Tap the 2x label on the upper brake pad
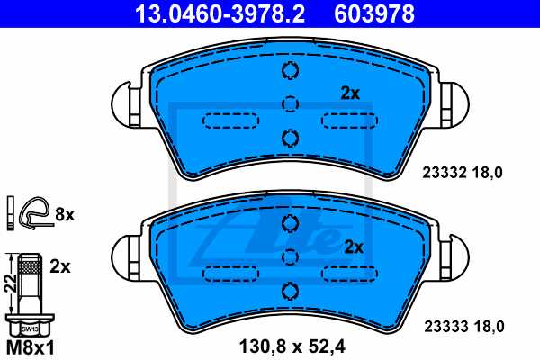click(x=350, y=93)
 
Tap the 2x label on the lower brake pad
click(x=354, y=246)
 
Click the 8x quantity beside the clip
click(x=64, y=214)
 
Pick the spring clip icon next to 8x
click(x=34, y=213)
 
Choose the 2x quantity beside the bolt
click(x=60, y=267)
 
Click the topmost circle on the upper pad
click(x=290, y=72)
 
